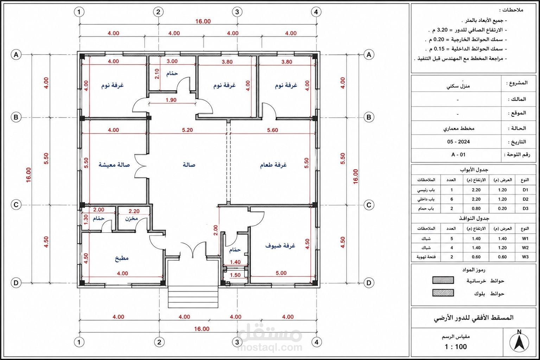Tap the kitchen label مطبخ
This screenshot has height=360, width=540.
(121, 258)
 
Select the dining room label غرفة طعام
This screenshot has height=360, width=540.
(273, 165)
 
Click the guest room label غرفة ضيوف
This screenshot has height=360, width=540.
(280, 246)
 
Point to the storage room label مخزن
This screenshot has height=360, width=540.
(131, 219)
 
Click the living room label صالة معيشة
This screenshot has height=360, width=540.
(114, 165)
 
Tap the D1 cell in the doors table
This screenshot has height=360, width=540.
(526, 190)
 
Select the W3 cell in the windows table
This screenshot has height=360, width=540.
(525, 257)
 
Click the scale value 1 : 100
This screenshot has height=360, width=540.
(456, 347)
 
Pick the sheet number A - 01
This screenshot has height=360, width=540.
(458, 154)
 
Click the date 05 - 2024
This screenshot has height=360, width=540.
(458, 142)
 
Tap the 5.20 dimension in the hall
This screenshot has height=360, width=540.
(187, 130)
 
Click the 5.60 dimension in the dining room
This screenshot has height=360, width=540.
(272, 130)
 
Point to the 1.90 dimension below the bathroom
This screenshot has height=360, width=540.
(171, 100)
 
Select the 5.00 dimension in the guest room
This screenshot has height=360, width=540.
(281, 273)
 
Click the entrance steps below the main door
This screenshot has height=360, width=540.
(193, 297)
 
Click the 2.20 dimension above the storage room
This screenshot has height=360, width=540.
(134, 211)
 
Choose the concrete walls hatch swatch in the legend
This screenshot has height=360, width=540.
(443, 280)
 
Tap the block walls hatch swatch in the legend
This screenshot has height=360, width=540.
(443, 293)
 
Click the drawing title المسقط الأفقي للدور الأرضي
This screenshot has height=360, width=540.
(474, 317)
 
